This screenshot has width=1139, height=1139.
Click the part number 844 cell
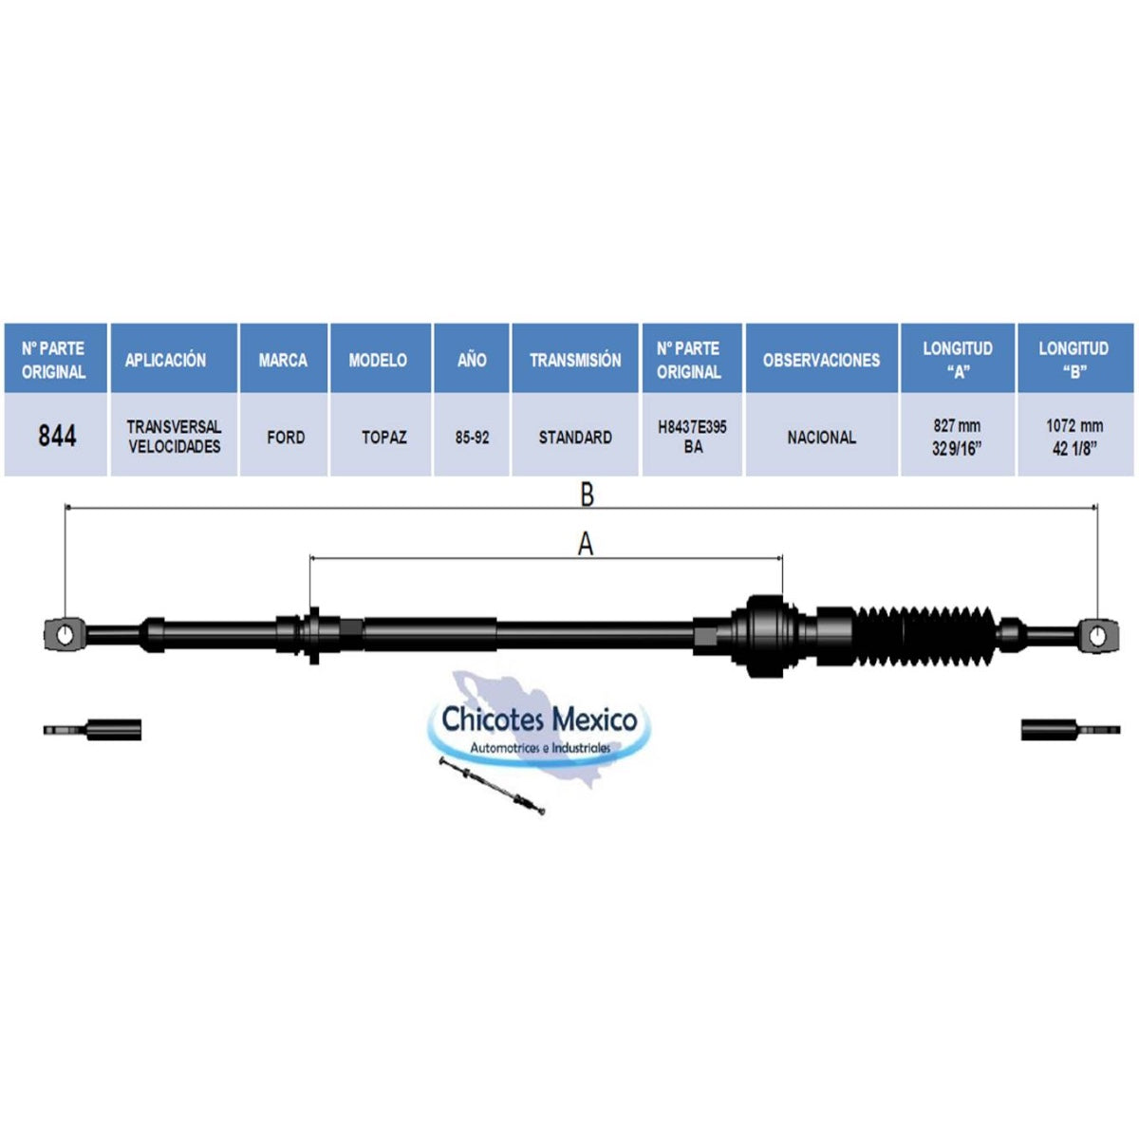(57, 437)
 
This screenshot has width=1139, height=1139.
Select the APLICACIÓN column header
(165, 360)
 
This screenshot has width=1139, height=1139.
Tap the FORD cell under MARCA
(286, 438)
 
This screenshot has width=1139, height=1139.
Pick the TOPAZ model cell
(383, 438)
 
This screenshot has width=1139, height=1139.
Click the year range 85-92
(472, 438)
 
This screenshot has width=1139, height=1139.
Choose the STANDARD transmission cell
(575, 438)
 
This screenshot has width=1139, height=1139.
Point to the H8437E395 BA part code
(692, 437)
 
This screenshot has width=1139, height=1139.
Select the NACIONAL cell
(822, 438)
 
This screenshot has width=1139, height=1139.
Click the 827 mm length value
(957, 425)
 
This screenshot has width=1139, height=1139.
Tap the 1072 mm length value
(1074, 425)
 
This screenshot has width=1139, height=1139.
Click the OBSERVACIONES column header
(822, 360)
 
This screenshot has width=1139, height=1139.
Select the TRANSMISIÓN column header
(575, 360)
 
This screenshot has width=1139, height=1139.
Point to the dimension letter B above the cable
(587, 495)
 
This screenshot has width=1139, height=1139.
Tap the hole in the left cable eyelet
(65, 635)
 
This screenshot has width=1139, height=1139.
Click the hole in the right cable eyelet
(1097, 637)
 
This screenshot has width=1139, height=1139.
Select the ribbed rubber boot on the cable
(926, 637)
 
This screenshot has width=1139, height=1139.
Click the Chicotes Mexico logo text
(540, 719)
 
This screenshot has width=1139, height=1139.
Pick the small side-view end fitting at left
(92, 730)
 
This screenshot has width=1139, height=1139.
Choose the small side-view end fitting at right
(1071, 730)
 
